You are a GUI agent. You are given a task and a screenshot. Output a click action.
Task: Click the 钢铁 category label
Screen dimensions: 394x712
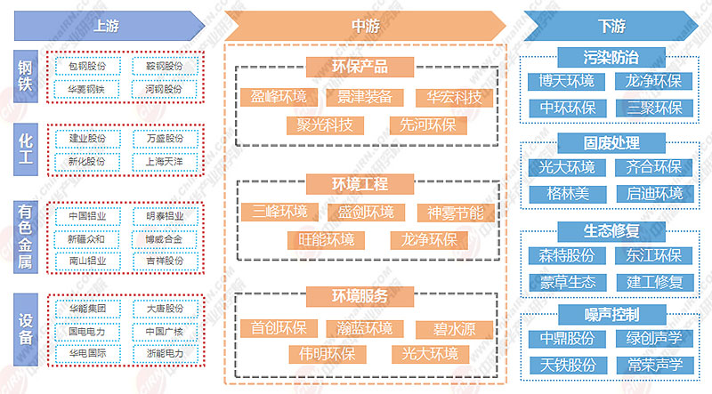pyautogui.click(x=26, y=77)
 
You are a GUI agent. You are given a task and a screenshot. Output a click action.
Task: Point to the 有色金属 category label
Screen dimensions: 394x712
pyautogui.click(x=26, y=235)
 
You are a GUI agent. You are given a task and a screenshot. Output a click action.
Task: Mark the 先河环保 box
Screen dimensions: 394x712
pyautogui.click(x=423, y=125)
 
